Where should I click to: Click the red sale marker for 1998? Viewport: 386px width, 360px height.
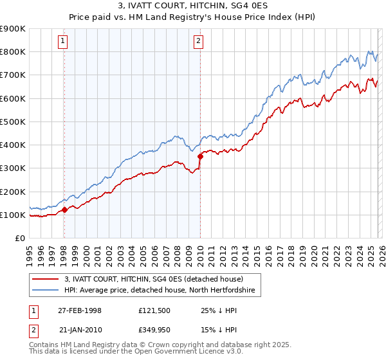(x=65, y=210)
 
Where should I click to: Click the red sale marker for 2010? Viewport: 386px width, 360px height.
(x=200, y=156)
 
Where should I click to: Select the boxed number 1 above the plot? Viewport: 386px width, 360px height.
(x=63, y=42)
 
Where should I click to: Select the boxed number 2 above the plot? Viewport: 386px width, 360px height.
(x=198, y=42)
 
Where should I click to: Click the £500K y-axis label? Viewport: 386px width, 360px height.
(x=13, y=122)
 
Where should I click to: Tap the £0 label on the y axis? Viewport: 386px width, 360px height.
(x=19, y=239)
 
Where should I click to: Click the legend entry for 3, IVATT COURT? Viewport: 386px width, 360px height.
(x=153, y=279)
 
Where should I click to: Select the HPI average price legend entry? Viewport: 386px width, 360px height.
(x=160, y=291)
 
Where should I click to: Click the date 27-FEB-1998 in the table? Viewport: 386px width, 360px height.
(x=80, y=310)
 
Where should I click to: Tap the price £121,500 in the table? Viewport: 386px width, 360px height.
(x=155, y=310)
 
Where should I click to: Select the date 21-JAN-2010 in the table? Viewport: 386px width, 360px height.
(x=80, y=330)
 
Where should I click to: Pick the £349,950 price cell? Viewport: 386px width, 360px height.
(x=155, y=330)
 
